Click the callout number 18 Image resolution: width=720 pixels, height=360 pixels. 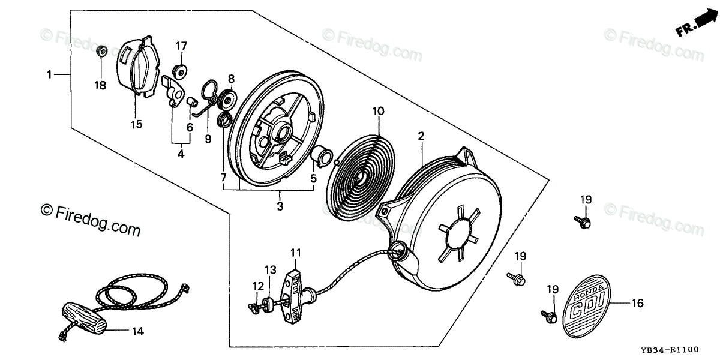100,85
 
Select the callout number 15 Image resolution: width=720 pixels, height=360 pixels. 136,124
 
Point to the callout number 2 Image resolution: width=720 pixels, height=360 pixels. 421,136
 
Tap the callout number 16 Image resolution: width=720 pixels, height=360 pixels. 637,304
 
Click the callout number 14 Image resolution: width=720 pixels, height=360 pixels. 137,331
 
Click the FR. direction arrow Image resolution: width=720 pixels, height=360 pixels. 696,24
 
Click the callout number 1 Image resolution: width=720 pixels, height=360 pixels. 49,74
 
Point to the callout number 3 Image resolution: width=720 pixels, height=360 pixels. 280,206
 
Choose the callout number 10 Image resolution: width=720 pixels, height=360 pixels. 378,111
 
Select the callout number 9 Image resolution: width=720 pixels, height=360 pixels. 208,139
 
